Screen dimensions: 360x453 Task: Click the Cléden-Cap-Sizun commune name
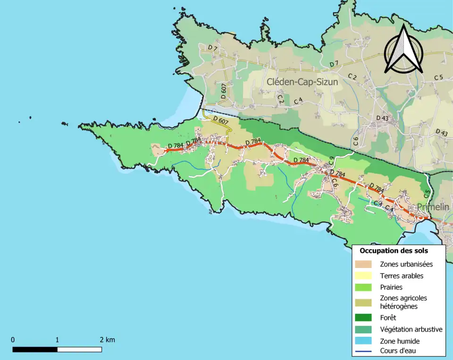click(302, 82)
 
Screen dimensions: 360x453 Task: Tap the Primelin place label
click(433, 207)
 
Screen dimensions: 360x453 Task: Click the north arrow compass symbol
click(403, 50)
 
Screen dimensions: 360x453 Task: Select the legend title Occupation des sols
click(394, 251)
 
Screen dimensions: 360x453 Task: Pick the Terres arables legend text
click(401, 276)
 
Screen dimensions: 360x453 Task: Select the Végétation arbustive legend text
click(411, 329)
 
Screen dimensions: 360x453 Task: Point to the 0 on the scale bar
click(13, 340)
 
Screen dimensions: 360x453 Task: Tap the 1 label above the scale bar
click(57, 340)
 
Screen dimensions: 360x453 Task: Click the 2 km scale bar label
click(107, 340)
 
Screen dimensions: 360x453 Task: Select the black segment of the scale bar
click(35, 350)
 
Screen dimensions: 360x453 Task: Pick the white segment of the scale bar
click(79, 350)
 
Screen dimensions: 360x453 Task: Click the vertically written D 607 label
click(223, 91)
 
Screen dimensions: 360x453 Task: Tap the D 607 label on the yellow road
click(221, 120)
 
